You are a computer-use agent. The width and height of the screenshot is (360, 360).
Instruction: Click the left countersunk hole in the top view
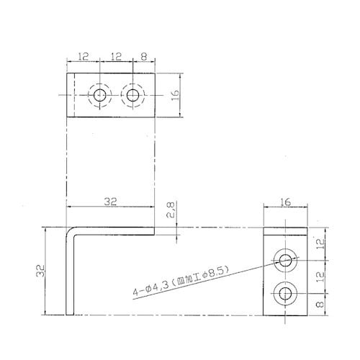click(99, 95)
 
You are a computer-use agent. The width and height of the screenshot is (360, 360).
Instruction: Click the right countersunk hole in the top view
click(132, 95)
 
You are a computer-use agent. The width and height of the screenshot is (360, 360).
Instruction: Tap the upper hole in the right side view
click(287, 260)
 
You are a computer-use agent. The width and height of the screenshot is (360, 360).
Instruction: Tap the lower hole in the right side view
click(287, 293)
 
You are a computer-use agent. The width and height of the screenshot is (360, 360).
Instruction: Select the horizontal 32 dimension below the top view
click(109, 202)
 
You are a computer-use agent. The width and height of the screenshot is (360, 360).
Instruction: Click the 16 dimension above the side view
click(287, 203)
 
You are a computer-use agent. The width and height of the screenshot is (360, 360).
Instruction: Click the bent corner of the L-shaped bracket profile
click(71, 231)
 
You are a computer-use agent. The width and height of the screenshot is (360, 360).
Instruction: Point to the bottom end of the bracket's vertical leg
click(71, 313)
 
